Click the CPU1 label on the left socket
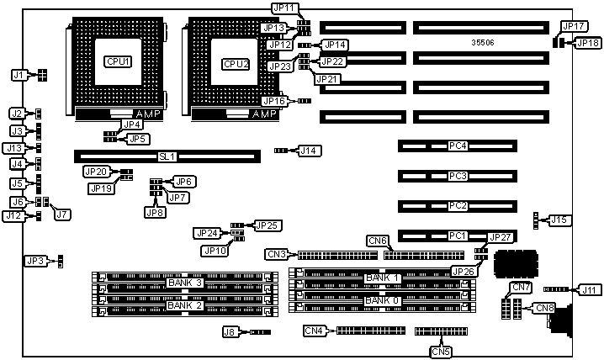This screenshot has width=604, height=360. (x=116, y=61)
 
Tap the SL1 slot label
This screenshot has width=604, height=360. (x=167, y=156)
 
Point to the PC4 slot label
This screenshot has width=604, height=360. (x=457, y=146)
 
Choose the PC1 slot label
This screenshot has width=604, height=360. (x=457, y=236)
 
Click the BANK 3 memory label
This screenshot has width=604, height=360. (x=184, y=282)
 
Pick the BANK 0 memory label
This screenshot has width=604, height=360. (x=382, y=300)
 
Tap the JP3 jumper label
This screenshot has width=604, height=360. (x=35, y=262)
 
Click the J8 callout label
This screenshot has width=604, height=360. (x=230, y=332)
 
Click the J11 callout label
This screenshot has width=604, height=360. (x=589, y=289)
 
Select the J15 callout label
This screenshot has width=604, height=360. (x=559, y=220)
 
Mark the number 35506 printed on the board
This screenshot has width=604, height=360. (x=483, y=41)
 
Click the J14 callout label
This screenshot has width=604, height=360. (x=310, y=151)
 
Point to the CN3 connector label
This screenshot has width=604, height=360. (x=277, y=253)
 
